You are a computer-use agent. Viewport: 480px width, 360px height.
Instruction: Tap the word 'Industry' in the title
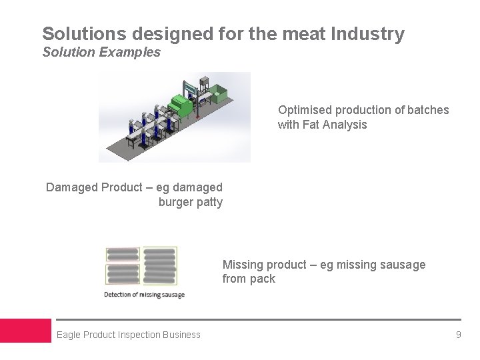click(x=371, y=33)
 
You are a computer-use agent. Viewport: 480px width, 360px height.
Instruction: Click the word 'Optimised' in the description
click(x=303, y=109)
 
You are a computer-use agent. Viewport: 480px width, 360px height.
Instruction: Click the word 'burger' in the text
click(x=176, y=202)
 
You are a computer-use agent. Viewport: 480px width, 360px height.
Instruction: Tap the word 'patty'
click(x=209, y=202)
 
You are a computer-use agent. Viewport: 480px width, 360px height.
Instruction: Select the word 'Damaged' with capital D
click(x=71, y=187)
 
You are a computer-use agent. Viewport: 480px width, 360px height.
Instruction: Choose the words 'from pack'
click(x=249, y=279)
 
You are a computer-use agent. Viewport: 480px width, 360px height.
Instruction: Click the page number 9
click(x=458, y=335)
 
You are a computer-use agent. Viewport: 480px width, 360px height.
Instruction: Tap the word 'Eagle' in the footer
click(x=69, y=335)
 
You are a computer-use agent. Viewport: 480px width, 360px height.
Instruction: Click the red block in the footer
click(x=25, y=331)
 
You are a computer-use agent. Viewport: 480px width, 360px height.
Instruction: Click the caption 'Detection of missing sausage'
click(x=144, y=295)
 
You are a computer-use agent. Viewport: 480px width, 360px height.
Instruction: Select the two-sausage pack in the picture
click(x=122, y=255)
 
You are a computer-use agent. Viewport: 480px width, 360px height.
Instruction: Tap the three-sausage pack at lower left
click(x=122, y=275)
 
